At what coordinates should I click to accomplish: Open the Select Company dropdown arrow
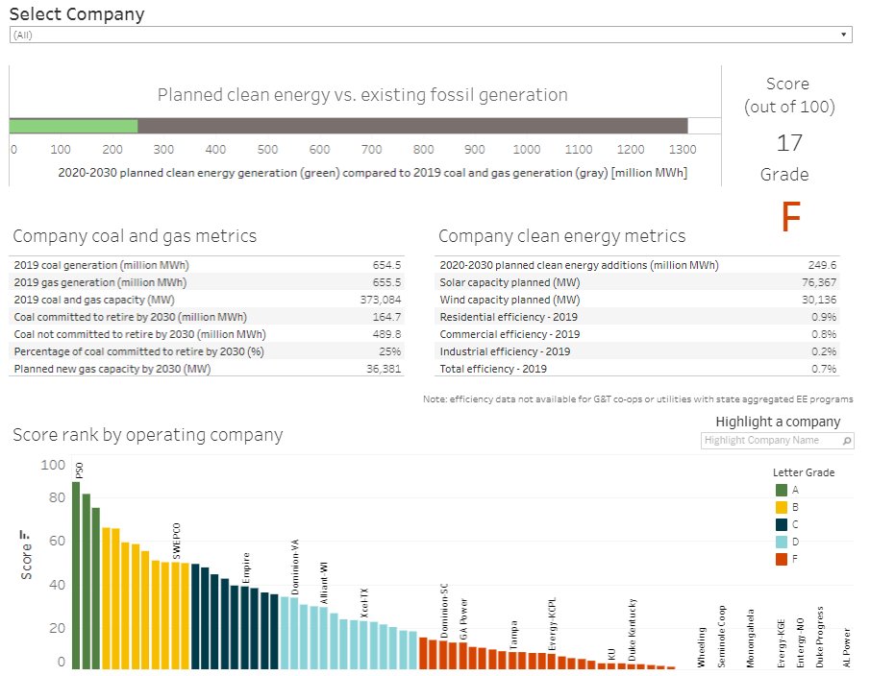coord(844,35)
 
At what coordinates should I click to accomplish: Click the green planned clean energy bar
coord(73,126)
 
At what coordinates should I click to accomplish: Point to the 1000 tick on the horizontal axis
coord(526,150)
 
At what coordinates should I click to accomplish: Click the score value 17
coord(789,143)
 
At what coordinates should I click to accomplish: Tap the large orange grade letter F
coord(790,219)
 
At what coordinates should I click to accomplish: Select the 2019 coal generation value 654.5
coord(385,265)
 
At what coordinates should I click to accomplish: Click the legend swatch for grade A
coord(782,490)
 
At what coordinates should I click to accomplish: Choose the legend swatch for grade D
coord(782,542)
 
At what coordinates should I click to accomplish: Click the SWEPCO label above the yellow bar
coord(176,541)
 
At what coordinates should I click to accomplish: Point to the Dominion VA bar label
coord(294,558)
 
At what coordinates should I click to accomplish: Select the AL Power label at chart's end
coord(847,648)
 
